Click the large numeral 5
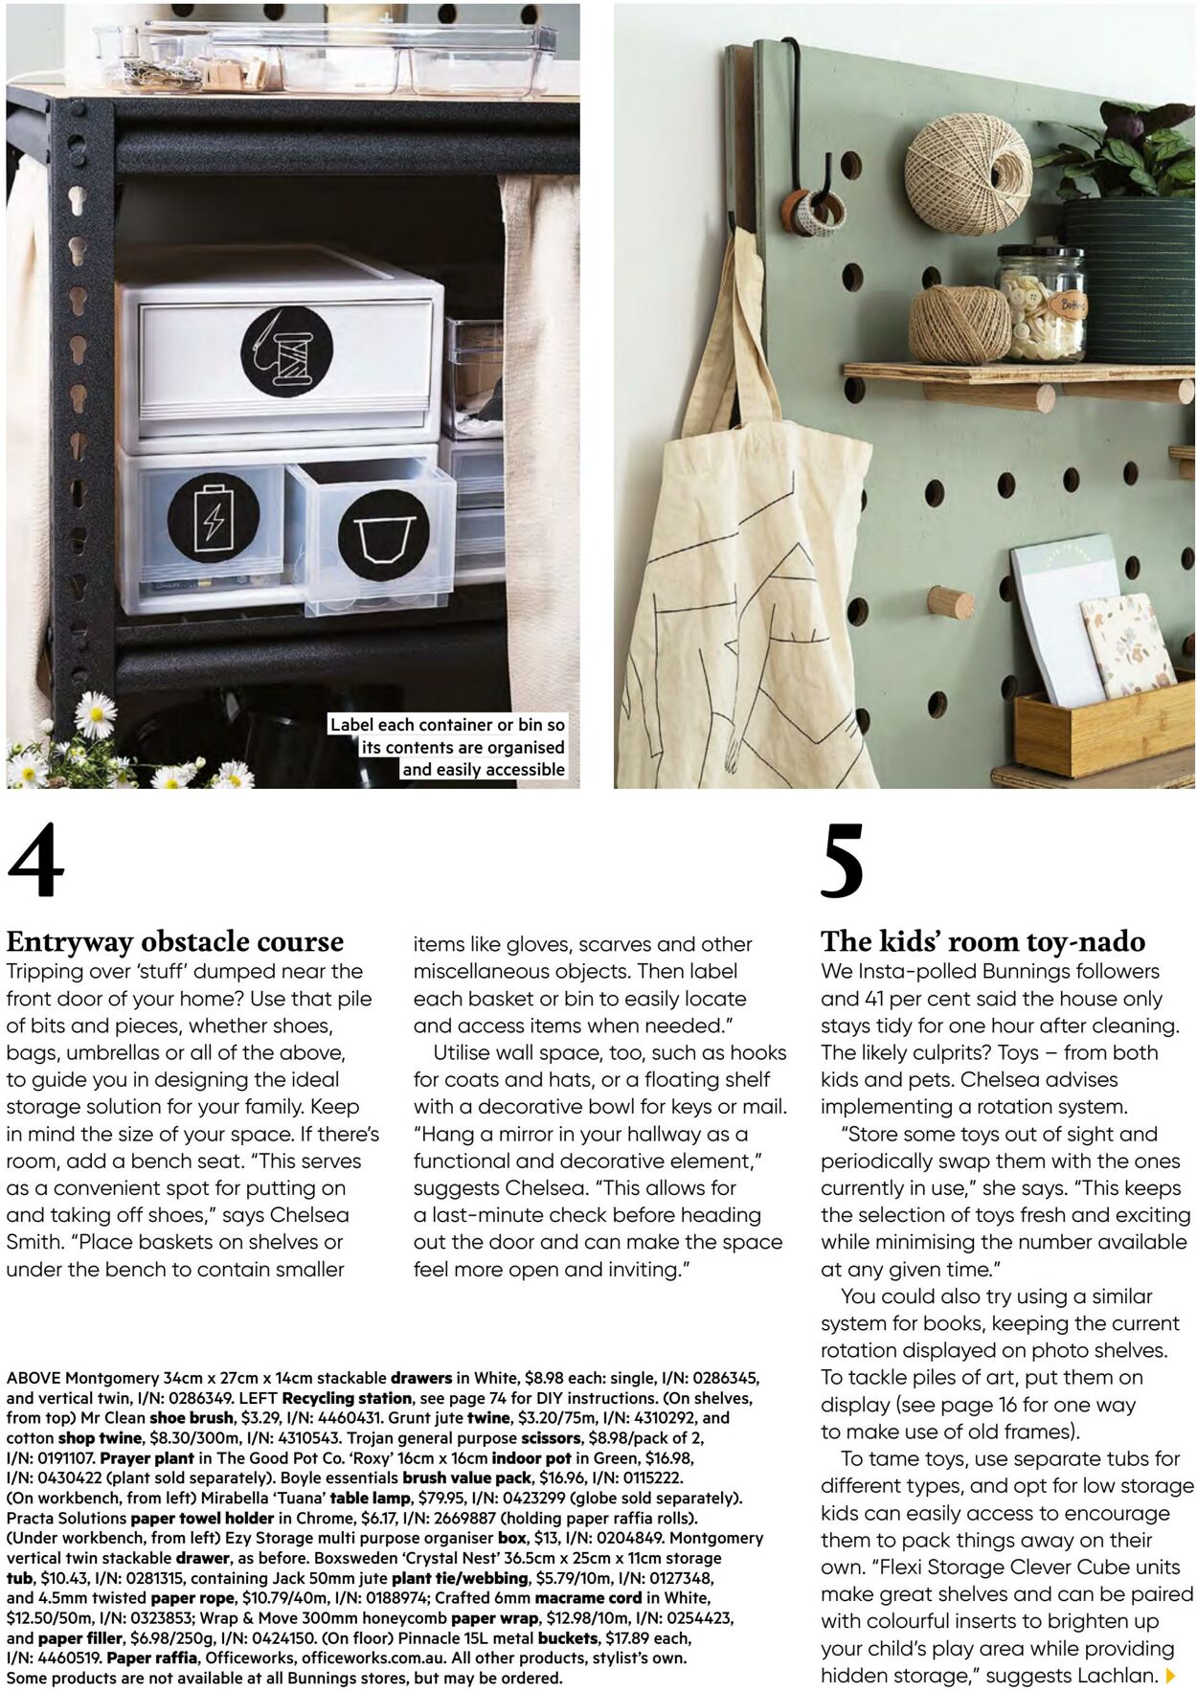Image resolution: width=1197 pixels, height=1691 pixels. pyautogui.click(x=842, y=861)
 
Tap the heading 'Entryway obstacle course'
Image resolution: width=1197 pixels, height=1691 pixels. pyautogui.click(x=174, y=941)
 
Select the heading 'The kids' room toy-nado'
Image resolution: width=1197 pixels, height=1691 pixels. pyautogui.click(x=982, y=941)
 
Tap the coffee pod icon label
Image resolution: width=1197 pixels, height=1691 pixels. pyautogui.click(x=383, y=535)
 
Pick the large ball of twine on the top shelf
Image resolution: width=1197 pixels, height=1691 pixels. pyautogui.click(x=968, y=174)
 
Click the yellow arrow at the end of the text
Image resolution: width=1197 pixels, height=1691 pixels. pyautogui.click(x=1170, y=1676)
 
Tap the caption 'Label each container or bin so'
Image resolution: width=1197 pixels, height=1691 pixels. pyautogui.click(x=448, y=725)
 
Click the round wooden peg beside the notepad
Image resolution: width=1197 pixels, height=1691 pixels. pyautogui.click(x=949, y=603)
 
